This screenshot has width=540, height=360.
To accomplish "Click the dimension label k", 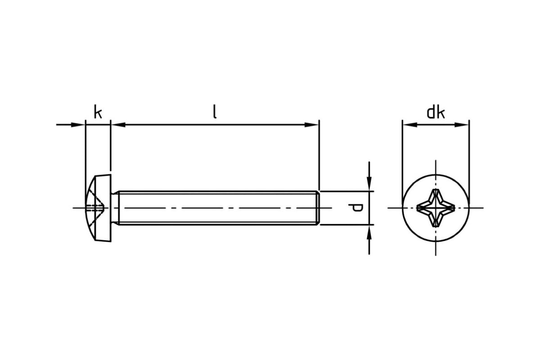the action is pyautogui.click(x=98, y=112).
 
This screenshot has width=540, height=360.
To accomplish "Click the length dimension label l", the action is pyautogui.click(x=215, y=112).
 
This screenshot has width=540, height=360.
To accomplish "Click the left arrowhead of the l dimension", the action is pyautogui.click(x=119, y=125).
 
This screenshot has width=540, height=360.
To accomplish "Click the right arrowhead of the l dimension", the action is pyautogui.click(x=311, y=125).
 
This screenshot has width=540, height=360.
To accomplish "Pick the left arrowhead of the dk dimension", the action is pyautogui.click(x=410, y=125).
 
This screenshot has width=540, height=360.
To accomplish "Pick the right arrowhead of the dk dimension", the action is pyautogui.click(x=461, y=125).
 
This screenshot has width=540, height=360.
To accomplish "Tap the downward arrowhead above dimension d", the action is pyautogui.click(x=369, y=184).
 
